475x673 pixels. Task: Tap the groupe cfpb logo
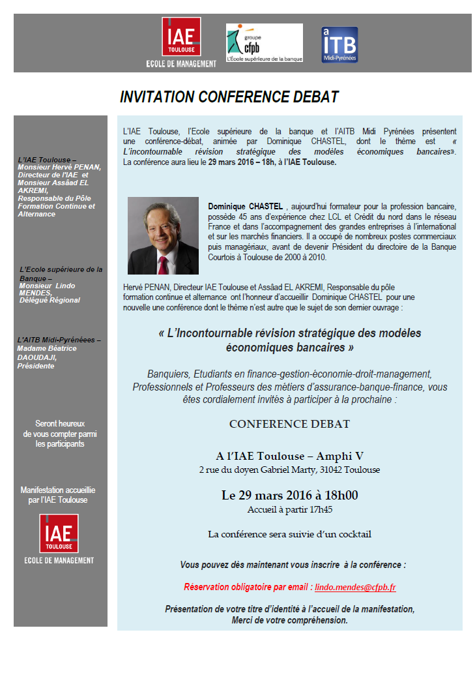tap(264, 42)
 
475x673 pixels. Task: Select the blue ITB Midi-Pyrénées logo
tap(339, 44)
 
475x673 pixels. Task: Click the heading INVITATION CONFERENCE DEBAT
tap(229, 97)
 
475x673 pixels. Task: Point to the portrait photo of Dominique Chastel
tap(163, 235)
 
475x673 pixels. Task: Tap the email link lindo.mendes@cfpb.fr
tap(355, 587)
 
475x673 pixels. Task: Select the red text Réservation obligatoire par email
tap(248, 587)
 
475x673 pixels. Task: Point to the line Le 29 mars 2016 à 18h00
tap(289, 495)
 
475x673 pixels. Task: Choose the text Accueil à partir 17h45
tap(289, 509)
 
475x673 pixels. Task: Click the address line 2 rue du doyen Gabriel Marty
tap(289, 470)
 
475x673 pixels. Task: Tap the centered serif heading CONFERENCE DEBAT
tap(289, 424)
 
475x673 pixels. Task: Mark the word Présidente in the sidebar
tap(36, 366)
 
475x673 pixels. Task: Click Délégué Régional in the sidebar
tap(50, 300)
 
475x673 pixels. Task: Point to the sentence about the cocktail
tap(289, 534)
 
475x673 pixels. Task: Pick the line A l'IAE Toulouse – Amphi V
tap(289, 456)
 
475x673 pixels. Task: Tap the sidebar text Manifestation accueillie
tap(58, 490)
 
